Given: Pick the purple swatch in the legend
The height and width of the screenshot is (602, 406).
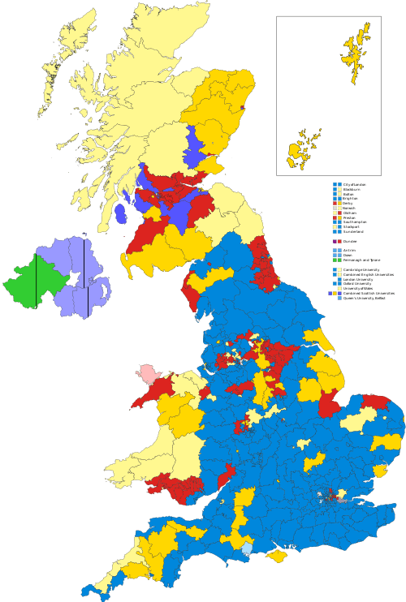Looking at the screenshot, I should point(335,242).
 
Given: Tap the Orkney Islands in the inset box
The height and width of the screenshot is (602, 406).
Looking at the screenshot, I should point(302,148).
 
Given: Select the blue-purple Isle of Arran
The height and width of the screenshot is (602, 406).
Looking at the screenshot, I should point(122,214).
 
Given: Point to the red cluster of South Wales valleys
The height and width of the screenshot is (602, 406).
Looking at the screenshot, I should point(175,485).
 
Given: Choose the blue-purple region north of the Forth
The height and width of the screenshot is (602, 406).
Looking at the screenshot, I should point(193,146).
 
